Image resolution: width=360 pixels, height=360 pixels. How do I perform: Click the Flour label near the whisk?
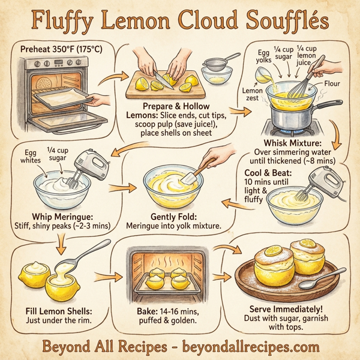pos(331,84)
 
